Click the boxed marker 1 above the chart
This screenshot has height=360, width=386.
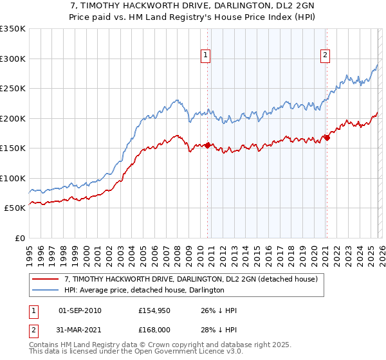point(205,56)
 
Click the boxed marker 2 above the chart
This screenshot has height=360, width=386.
point(326,56)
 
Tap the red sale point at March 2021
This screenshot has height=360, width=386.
point(327,137)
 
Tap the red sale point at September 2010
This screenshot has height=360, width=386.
point(207,145)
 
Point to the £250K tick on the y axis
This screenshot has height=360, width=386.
point(13,89)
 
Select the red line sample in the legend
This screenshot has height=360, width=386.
point(45,280)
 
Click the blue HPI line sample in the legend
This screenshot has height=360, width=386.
point(45,291)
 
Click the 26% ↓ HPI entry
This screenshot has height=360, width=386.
point(219,310)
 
